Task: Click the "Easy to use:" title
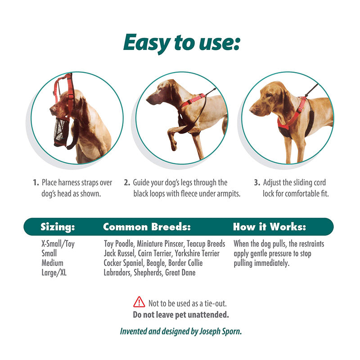[182, 43]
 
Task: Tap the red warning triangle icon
[139, 302]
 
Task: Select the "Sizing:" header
[58, 227]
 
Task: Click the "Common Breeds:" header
[147, 227]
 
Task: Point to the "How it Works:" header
[270, 227]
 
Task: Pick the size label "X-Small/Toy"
[58, 244]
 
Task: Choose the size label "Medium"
[52, 263]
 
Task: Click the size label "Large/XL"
[54, 273]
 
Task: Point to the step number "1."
[36, 183]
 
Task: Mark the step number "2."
[127, 183]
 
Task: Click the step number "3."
[257, 183]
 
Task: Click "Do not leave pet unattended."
[181, 315]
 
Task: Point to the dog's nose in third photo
[252, 110]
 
